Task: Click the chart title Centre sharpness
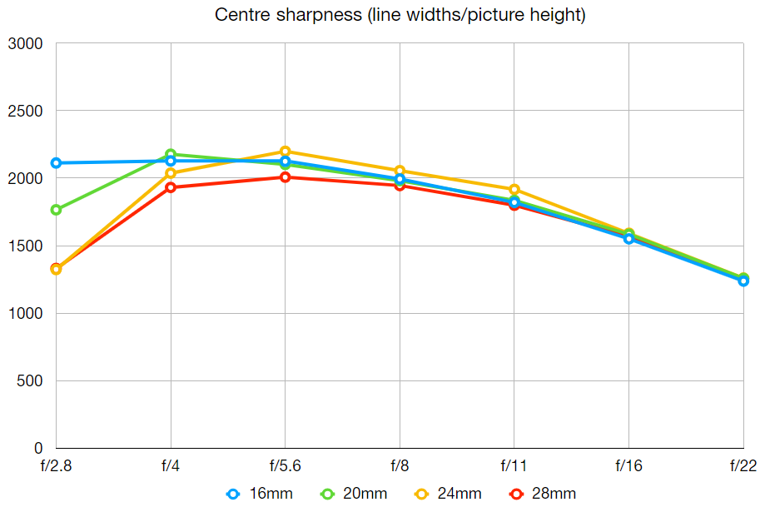click(400, 15)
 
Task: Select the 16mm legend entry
click(260, 494)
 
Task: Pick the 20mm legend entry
click(354, 494)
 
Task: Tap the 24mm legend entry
click(449, 494)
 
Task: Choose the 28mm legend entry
click(543, 494)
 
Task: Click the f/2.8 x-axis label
click(56, 465)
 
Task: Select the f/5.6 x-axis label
click(285, 465)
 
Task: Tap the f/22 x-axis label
click(743, 465)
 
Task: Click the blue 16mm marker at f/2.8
click(56, 163)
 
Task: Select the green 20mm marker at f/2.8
click(56, 210)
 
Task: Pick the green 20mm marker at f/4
click(171, 154)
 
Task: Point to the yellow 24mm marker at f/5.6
click(285, 152)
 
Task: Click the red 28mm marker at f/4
click(171, 187)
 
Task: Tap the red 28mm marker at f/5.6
click(285, 177)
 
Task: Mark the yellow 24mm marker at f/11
click(514, 190)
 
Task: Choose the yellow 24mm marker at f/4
click(171, 173)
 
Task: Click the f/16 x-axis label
click(628, 465)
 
